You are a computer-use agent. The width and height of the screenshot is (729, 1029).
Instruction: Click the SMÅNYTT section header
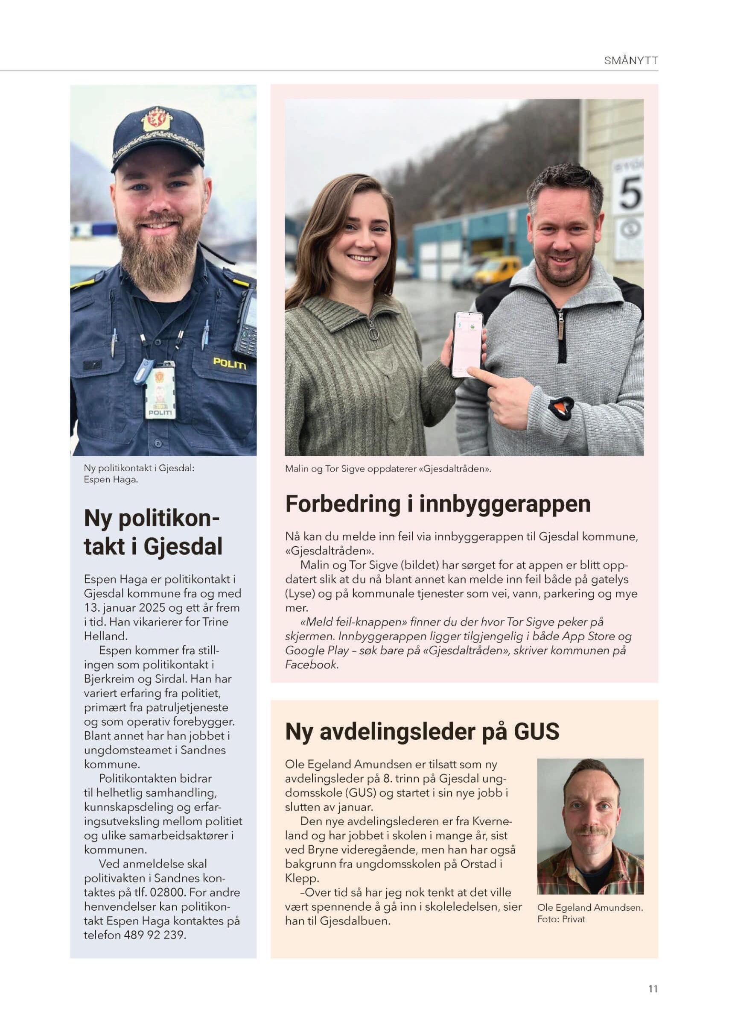tap(631, 61)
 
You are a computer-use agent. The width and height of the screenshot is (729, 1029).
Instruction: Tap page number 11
tap(653, 988)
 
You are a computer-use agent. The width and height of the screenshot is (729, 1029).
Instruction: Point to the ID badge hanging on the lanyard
tap(160, 393)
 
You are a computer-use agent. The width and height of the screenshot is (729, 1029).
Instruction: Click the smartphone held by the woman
tap(467, 343)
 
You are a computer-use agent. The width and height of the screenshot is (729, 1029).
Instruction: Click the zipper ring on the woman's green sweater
tap(373, 334)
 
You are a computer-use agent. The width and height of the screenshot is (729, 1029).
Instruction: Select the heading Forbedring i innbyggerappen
tap(437, 504)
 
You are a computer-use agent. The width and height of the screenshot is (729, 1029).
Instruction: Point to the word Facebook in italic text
tap(311, 664)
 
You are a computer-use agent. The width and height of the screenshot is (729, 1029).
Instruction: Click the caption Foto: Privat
tap(561, 919)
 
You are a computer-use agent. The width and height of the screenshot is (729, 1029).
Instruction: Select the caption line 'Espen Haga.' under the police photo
tap(111, 479)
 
